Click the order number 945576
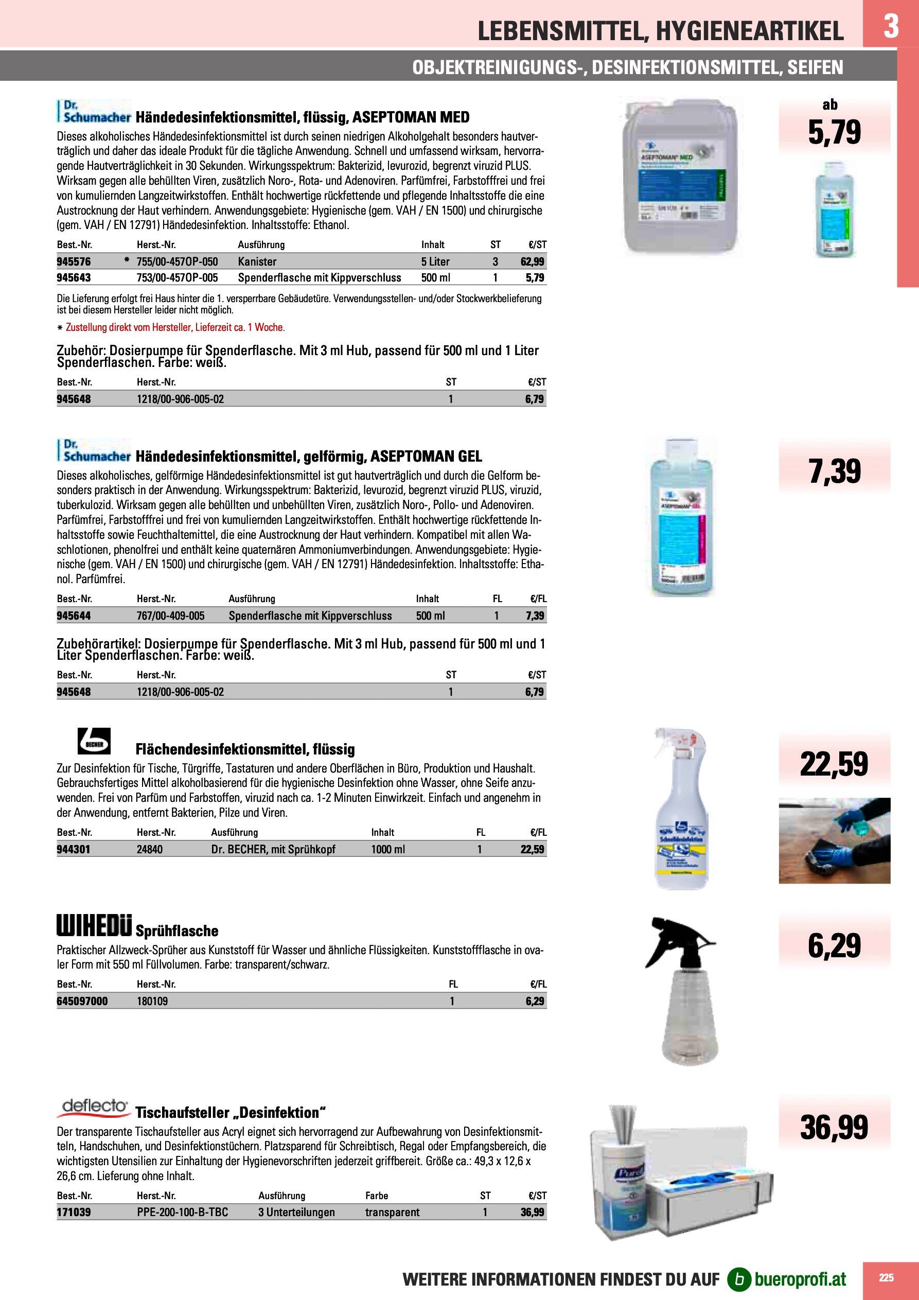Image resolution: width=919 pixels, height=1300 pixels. pyautogui.click(x=74, y=261)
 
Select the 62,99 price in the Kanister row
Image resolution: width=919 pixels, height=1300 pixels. pyautogui.click(x=532, y=261)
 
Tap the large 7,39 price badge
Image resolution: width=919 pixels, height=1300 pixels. pyautogui.click(x=834, y=471)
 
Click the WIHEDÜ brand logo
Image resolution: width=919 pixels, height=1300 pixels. pyautogui.click(x=94, y=925)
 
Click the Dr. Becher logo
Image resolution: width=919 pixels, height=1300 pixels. pyautogui.click(x=94, y=741)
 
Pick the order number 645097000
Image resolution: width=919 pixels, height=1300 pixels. pyautogui.click(x=82, y=1001)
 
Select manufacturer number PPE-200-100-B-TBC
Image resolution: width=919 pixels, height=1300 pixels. pyautogui.click(x=182, y=1212)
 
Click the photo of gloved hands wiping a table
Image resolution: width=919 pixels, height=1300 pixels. pyautogui.click(x=834, y=841)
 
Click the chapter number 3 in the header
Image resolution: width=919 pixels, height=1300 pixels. pyautogui.click(x=891, y=26)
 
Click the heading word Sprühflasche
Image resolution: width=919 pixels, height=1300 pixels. pyautogui.click(x=177, y=931)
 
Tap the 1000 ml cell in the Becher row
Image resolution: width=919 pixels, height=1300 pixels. pyautogui.click(x=388, y=849)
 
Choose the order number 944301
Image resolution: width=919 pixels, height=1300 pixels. pyautogui.click(x=74, y=849)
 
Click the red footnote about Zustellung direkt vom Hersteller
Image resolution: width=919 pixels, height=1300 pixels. pyautogui.click(x=175, y=327)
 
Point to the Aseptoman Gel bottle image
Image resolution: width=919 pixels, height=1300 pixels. pyautogui.click(x=681, y=516)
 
